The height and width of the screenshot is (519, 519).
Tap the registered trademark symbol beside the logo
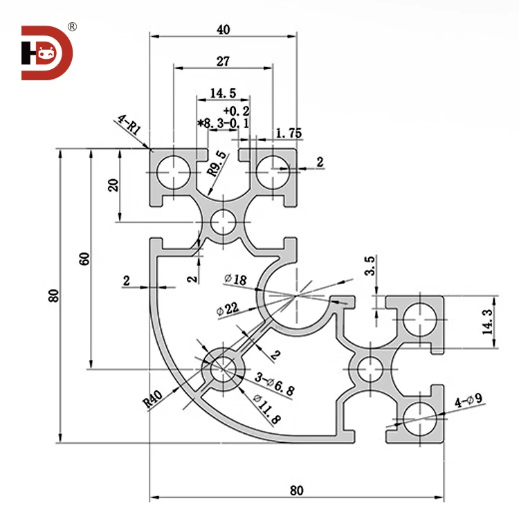coord(72,27)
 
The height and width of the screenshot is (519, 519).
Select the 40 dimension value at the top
coord(223,29)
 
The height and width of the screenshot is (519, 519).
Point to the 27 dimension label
coord(222,61)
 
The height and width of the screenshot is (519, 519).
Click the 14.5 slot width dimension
coord(223,93)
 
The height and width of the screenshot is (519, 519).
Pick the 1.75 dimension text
coord(288,134)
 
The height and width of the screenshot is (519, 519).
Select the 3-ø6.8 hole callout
coord(274,383)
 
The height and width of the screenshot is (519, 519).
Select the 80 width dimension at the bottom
coord(296,490)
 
